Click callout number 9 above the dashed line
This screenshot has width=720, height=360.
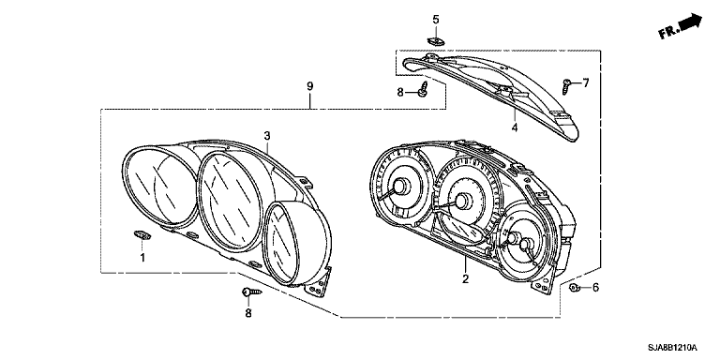310,86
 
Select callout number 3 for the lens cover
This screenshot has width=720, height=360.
267,135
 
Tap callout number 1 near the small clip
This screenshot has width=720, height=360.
142,258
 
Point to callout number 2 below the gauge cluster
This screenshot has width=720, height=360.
466,278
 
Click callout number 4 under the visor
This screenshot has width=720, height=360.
515,127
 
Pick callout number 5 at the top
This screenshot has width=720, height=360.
436,20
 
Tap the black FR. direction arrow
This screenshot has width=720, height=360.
690,22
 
